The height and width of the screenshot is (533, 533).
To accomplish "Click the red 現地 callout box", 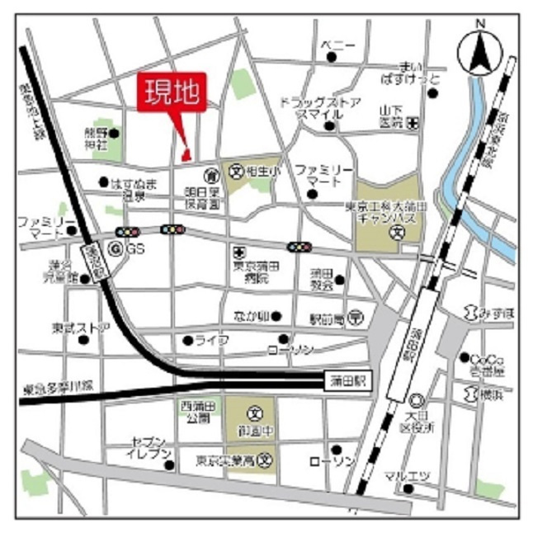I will [172, 92].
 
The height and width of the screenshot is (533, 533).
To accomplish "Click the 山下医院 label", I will [389, 116].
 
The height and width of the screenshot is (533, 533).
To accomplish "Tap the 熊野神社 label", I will [97, 138].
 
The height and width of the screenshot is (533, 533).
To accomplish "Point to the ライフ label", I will [211, 340].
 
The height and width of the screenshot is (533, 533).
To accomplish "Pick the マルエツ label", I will [403, 476].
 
